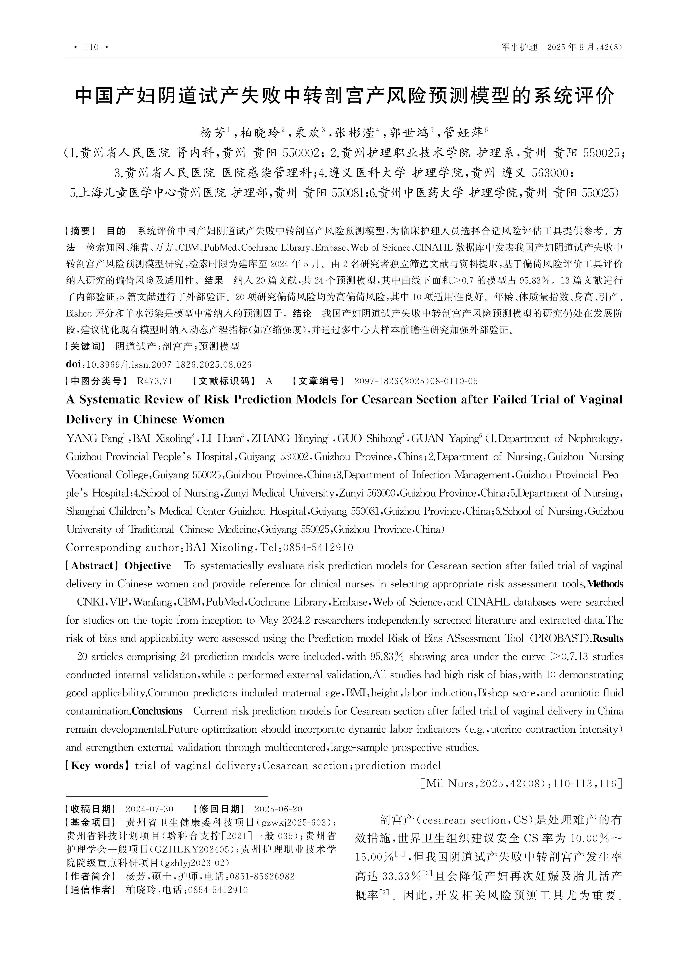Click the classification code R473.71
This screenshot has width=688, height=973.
(155, 381)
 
